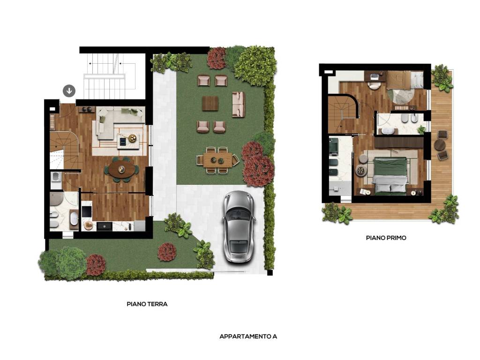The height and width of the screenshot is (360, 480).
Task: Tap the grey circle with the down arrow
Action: (69, 91)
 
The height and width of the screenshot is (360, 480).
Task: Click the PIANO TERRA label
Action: (147, 304)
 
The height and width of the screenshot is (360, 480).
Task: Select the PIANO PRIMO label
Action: (386, 238)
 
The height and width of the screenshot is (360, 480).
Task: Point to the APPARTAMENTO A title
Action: (248, 336)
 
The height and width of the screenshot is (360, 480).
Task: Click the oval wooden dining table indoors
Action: (121, 169)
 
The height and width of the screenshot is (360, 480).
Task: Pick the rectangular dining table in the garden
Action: (217, 160)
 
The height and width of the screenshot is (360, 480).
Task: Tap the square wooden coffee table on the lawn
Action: (210, 104)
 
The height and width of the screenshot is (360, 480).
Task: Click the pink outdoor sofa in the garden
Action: (239, 105)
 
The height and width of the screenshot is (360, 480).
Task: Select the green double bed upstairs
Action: (390, 176)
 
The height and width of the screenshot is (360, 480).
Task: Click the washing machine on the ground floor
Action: (56, 177)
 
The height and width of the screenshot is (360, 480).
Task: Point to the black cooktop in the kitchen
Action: (86, 211)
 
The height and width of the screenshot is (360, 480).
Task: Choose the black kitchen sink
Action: (105, 226)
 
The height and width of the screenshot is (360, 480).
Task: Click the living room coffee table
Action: (128, 140)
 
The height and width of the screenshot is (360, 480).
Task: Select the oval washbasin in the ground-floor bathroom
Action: (74, 219)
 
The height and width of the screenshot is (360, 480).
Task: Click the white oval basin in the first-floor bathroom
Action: (388, 132)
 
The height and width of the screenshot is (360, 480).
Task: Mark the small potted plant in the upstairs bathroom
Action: (421, 130)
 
